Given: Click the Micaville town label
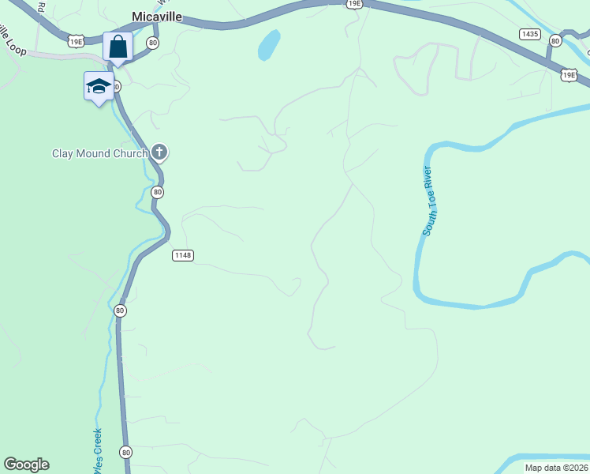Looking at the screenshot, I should [x=156, y=16].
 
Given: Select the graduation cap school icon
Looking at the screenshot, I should [x=99, y=86].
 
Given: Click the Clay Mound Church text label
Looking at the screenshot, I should [x=99, y=153].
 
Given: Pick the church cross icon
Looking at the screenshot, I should [x=159, y=152].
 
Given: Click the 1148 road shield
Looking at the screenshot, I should [x=183, y=254].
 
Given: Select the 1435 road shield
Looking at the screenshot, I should [x=529, y=34].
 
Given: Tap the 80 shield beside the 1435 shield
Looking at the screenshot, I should [x=555, y=39].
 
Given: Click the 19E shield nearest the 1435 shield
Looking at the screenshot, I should [x=569, y=75].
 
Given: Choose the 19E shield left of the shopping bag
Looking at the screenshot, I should [x=76, y=41].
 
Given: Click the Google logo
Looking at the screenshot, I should [x=26, y=465].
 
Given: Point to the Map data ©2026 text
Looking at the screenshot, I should [x=555, y=468].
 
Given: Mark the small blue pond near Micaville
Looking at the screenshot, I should [x=268, y=45].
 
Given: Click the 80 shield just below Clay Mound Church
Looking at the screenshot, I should [x=158, y=192].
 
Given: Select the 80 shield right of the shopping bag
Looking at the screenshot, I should [x=152, y=43].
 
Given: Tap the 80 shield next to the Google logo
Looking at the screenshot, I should [x=126, y=452].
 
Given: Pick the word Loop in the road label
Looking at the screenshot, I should [x=17, y=50].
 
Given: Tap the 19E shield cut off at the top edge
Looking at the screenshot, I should [x=355, y=3].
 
